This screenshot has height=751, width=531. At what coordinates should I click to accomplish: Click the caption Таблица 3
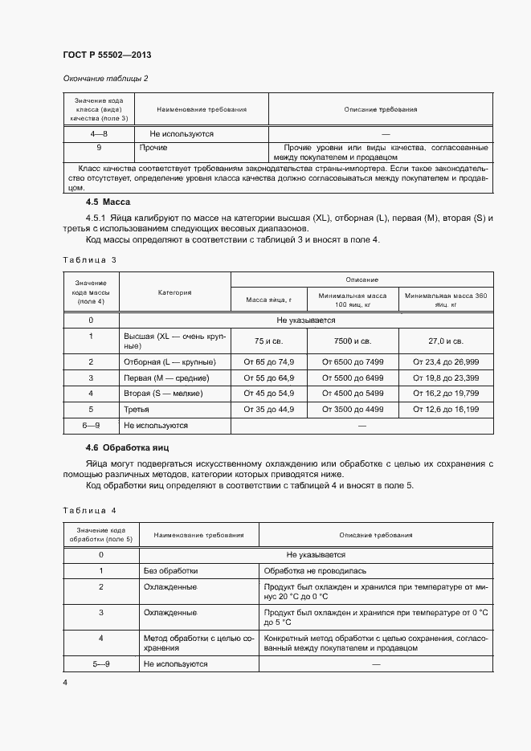(89, 260)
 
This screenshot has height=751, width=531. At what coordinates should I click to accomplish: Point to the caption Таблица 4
(89, 510)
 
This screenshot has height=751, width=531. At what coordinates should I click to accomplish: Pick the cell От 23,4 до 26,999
(446, 361)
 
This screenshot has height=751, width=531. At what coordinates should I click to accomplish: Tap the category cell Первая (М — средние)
(166, 378)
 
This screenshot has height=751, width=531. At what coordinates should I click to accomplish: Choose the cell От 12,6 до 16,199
(446, 410)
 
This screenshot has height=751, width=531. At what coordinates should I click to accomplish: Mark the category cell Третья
(137, 410)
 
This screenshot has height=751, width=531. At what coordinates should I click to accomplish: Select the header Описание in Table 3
(362, 280)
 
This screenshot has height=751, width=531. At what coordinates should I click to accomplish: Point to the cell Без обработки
(170, 570)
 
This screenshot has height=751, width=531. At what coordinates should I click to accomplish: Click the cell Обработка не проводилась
(315, 570)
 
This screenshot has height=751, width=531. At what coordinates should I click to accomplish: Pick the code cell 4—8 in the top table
(99, 133)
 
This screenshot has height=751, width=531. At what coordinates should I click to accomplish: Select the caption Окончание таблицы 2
(105, 78)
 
